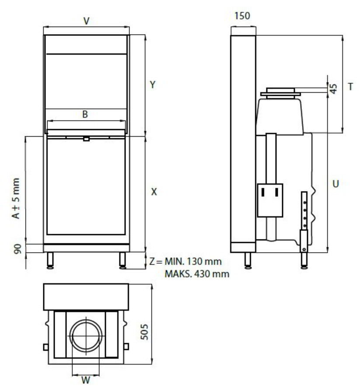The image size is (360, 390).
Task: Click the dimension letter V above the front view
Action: (86, 21)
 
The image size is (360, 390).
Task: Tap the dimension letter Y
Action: (153, 85)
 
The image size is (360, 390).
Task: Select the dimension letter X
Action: (154, 192)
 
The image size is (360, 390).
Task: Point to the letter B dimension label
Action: (85, 114)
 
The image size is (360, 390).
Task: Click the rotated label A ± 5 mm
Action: (16, 198)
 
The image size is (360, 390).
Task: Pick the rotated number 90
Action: (17, 249)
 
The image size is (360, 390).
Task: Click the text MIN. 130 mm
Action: (193, 261)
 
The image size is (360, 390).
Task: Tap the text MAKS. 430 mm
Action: (197, 274)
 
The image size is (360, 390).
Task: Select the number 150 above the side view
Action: (242, 16)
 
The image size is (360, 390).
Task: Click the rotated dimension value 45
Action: (334, 89)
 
